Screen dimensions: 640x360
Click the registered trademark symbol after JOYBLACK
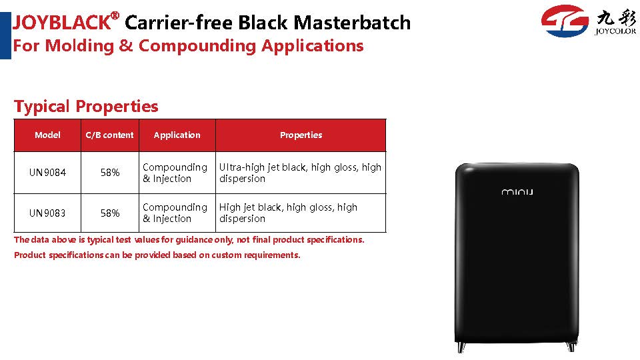[x=115, y=16]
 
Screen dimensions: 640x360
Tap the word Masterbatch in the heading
[x=352, y=23]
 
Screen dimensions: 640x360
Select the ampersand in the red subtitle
[x=126, y=46]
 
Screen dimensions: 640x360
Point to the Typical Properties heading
[x=86, y=107]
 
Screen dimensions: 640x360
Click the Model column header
[x=47, y=135]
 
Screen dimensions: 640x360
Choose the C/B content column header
[x=109, y=135]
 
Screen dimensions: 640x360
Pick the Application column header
[x=177, y=135]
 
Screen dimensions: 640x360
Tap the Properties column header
[x=301, y=135]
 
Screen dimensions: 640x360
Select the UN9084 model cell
[x=47, y=173]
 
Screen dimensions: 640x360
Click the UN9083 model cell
[x=47, y=213]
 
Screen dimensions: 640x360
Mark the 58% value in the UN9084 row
[x=110, y=173]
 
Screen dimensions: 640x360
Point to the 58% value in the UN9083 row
[x=110, y=213]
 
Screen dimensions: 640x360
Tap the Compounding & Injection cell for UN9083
[x=175, y=213]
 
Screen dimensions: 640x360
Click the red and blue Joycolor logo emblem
[x=565, y=21]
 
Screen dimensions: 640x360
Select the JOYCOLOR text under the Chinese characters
[x=615, y=31]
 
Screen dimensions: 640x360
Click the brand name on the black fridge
[x=517, y=191]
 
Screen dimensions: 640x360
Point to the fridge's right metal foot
[x=571, y=347]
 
